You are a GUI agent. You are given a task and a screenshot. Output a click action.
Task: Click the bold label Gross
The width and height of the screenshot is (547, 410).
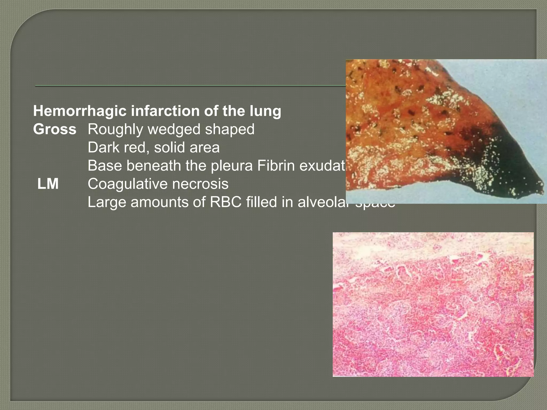(x=55, y=129)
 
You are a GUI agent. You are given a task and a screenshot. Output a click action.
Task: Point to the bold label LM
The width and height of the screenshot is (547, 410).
(x=48, y=184)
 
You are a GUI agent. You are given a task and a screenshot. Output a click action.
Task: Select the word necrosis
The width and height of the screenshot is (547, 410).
(x=203, y=184)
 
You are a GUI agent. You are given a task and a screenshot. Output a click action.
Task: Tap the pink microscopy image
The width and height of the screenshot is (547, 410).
(x=433, y=304)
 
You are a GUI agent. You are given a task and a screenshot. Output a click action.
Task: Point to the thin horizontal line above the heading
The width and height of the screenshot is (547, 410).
(x=187, y=86)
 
